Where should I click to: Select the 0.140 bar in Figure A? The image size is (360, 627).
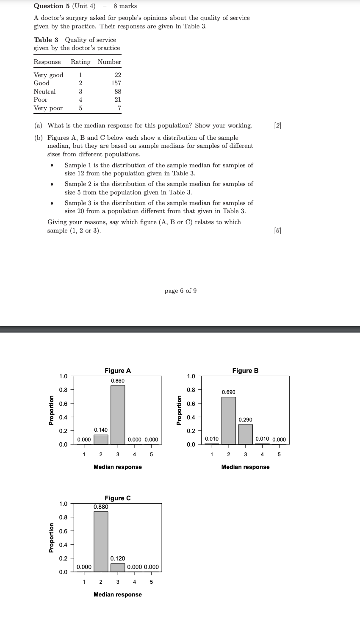(x=101, y=439)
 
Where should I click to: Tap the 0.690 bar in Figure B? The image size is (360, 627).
(x=229, y=420)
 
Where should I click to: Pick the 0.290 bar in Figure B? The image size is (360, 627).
(x=246, y=434)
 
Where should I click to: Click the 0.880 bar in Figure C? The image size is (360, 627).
(x=101, y=541)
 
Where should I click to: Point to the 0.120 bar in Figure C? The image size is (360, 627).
(x=118, y=568)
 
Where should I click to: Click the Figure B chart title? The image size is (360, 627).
(x=245, y=371)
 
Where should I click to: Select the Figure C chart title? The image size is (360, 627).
(x=118, y=498)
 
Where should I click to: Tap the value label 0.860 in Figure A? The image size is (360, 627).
(x=118, y=381)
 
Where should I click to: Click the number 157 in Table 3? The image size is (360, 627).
(x=116, y=83)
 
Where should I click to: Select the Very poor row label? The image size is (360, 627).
(x=48, y=108)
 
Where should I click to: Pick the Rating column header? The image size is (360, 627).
(x=80, y=62)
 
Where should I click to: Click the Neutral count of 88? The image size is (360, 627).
(x=118, y=92)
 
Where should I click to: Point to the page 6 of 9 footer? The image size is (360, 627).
(x=180, y=291)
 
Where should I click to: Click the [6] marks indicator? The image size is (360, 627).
(x=277, y=230)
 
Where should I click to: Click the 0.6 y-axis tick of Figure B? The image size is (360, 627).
(x=191, y=404)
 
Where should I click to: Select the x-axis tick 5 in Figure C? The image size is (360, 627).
(x=151, y=582)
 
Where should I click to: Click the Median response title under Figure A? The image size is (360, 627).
(x=118, y=467)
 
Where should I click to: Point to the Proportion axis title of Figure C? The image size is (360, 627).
(x=51, y=538)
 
